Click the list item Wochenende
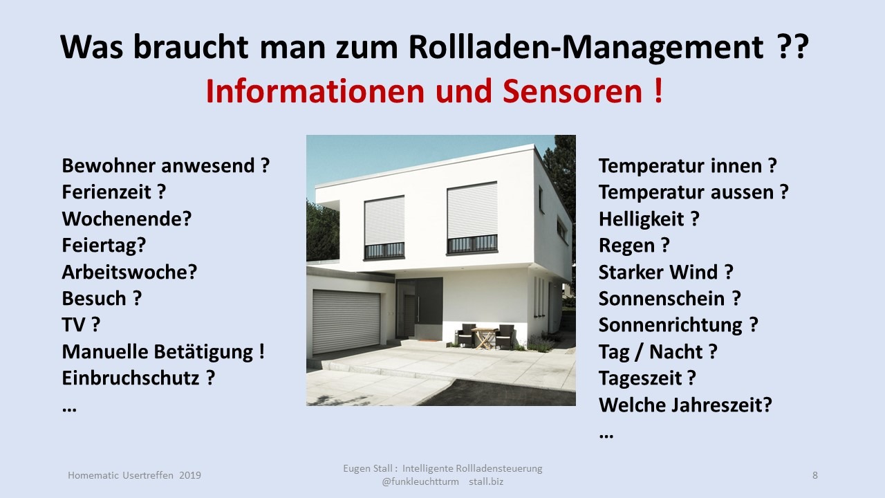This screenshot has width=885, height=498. (127, 219)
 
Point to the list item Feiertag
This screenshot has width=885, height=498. (104, 246)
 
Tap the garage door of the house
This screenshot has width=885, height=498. (346, 322)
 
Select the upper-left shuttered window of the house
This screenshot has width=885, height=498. (384, 228)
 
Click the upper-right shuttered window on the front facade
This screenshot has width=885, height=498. (472, 218)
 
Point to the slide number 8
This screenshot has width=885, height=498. (815, 475)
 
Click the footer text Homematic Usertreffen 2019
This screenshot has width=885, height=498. (134, 475)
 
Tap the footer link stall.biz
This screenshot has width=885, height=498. (486, 482)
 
